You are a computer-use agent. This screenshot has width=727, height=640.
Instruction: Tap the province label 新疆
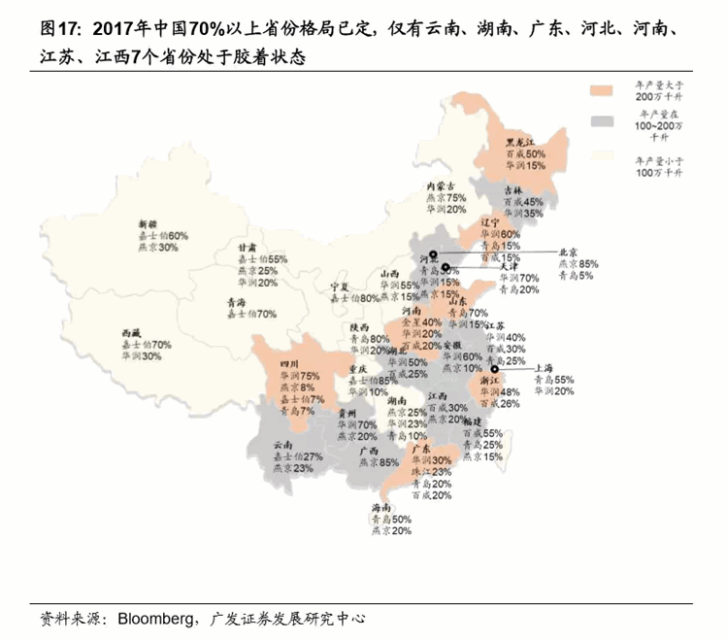click(147, 224)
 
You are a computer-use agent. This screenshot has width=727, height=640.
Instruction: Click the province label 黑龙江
click(521, 141)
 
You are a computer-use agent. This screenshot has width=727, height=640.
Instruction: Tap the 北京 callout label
click(569, 251)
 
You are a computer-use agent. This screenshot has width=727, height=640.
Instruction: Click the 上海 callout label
click(546, 368)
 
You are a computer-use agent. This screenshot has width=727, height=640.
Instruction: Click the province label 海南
click(381, 509)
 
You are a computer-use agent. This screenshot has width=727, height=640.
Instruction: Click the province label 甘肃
click(248, 248)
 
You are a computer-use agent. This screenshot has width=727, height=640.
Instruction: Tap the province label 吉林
click(512, 190)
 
